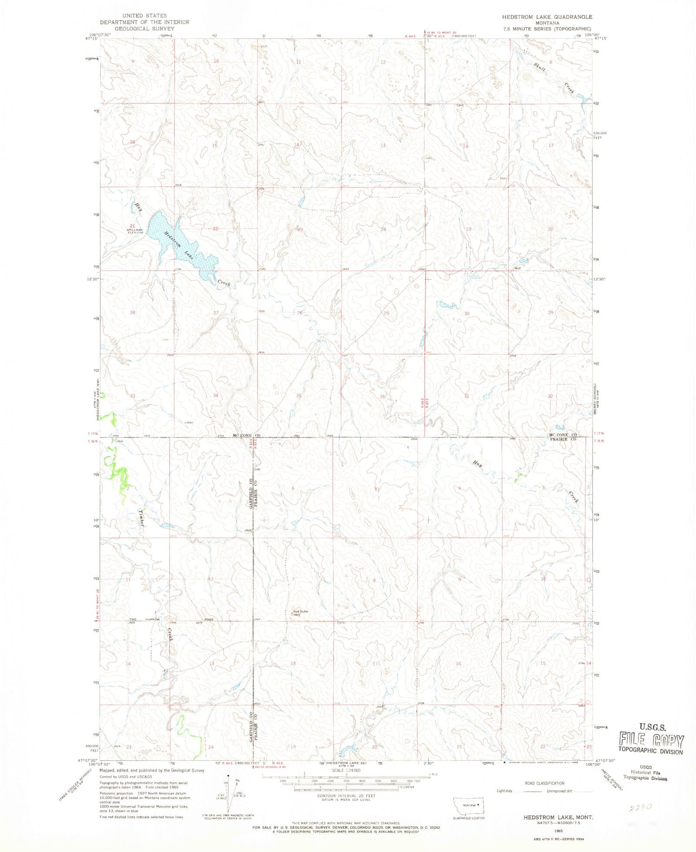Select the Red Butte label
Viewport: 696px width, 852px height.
(x=300, y=612)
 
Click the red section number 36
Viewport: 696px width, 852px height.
(x=382, y=397)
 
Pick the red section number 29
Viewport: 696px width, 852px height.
(x=550, y=313)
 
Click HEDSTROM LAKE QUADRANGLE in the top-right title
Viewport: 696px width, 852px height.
(x=547, y=17)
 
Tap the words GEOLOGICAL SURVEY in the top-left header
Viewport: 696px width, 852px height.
(x=144, y=28)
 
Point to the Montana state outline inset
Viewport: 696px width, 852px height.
(x=469, y=805)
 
